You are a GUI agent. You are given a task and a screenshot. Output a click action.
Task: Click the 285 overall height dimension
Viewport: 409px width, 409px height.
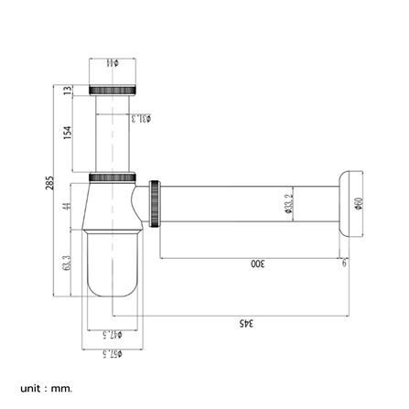coord(49,183)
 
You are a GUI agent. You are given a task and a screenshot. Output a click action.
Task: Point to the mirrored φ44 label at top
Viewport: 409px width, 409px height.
coord(113,63)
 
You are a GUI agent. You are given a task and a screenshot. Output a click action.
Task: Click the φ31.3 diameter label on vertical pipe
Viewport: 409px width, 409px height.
coord(140,118)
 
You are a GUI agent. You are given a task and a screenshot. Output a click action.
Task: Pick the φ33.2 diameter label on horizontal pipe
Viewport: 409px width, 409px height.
coord(289,205)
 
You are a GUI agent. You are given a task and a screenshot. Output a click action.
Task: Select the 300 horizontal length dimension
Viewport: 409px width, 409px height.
coord(257,264)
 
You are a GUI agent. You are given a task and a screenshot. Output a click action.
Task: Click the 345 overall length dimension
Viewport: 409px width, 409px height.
coord(246,322)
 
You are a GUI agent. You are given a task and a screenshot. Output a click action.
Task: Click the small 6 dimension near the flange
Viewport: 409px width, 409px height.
coord(344,264)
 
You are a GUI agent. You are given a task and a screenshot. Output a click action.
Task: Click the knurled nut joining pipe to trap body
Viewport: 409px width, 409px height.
coord(114,177)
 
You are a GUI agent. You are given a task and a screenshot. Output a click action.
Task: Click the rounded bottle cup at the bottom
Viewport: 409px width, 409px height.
coord(113,265)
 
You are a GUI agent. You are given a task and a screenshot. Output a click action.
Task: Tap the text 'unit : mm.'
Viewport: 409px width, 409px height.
coord(46,388)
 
